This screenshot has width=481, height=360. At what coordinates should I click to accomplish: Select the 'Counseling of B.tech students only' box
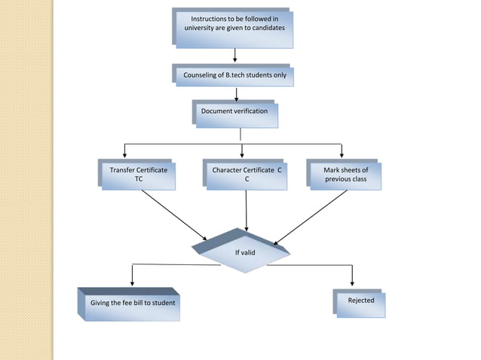pos(234,75)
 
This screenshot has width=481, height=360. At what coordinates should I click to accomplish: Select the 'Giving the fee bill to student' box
pos(133,303)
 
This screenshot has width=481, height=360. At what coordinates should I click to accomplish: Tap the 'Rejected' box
pos(360,301)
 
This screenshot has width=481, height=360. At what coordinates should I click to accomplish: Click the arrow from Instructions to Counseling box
pos(235,55)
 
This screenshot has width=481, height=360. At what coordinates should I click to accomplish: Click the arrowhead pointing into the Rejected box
pos(351,282)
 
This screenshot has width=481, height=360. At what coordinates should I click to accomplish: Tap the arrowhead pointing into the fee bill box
pos(133,282)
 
